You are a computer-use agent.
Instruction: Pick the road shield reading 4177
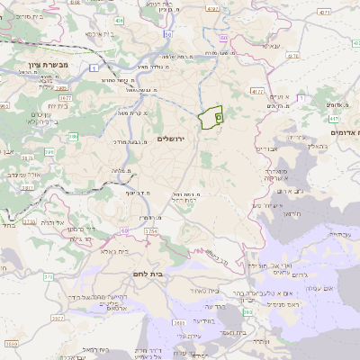pyautogui.click(x=257, y=91)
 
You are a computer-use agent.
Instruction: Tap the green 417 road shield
pyautogui.click(x=334, y=117)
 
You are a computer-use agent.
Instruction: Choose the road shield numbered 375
pyautogui.click(x=48, y=277)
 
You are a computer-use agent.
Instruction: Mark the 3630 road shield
pyautogui.click(x=179, y=321)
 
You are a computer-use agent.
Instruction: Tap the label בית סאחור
pyautogui.click(x=181, y=291)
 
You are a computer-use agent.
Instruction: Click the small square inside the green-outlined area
pyautogui.click(x=219, y=118)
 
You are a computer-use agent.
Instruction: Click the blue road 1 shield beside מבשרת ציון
pyautogui.click(x=94, y=67)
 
